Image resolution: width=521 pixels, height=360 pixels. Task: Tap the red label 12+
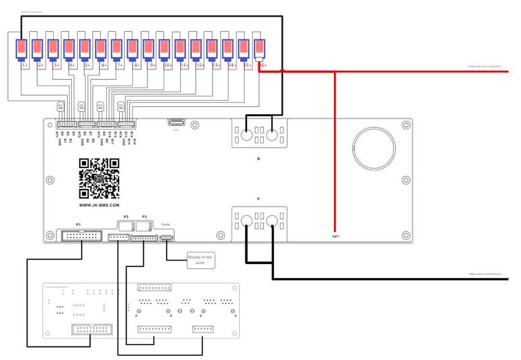pos(201,66)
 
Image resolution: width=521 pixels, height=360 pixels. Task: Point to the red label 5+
pos(88,66)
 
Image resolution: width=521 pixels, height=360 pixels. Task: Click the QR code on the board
pos(99,179)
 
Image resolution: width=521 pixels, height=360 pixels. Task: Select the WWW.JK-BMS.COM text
pos(99,206)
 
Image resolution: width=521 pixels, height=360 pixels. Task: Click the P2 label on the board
pos(126,216)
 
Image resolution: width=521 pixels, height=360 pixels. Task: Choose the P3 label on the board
pos(144,216)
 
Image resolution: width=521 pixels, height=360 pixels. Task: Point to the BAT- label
pos(337,236)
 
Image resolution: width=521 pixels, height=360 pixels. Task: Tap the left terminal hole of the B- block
pos(247,135)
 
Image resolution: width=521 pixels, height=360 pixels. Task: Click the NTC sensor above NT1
pos(60,106)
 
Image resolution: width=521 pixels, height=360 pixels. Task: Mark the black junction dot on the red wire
pos(282,70)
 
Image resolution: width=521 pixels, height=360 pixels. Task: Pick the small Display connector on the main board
pos(167,238)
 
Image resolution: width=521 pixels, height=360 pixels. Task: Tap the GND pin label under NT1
pos(60,141)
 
